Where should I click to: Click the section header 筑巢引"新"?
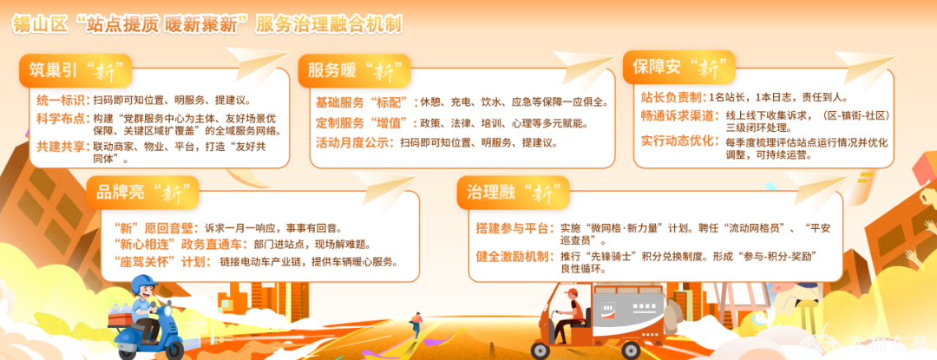75,70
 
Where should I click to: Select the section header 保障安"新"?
678,67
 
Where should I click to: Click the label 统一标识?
62,100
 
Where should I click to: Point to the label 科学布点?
62,118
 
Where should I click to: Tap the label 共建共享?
62,147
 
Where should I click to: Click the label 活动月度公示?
352,142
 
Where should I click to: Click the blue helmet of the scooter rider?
143,285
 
